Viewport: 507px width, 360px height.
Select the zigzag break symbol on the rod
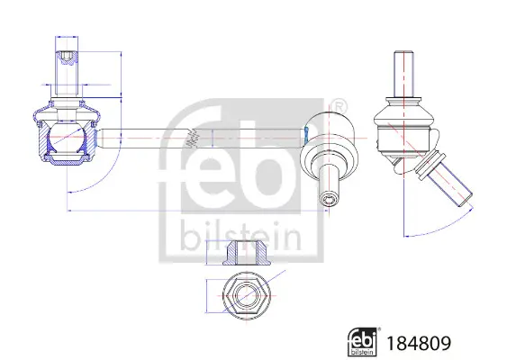pyautogui.click(x=191, y=139)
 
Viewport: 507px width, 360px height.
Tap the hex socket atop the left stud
pyautogui.click(x=66, y=61)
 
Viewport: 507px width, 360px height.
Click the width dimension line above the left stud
pyautogui.click(x=66, y=39)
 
